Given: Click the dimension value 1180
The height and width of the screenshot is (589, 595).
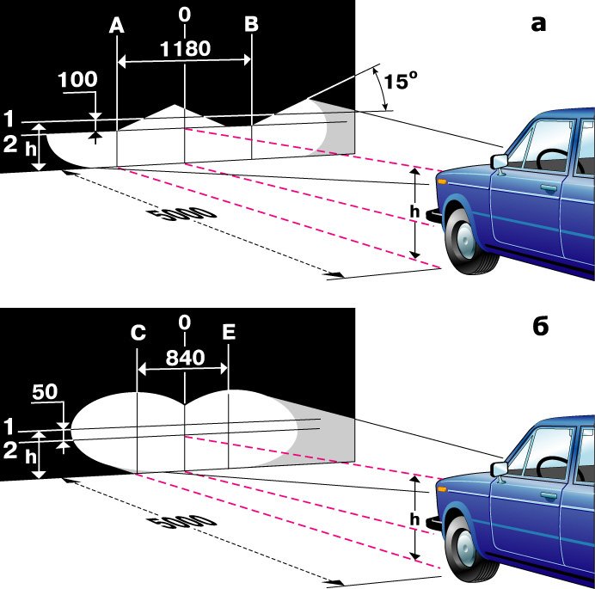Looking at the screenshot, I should click(x=185, y=48).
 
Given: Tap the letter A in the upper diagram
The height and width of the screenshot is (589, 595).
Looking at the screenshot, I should click(x=117, y=26).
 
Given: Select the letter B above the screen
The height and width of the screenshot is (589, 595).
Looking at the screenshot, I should click(x=250, y=25).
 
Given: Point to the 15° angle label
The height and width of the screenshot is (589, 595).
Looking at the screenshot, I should click(x=400, y=82).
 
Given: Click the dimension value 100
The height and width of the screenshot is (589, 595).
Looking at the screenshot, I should click(x=77, y=79).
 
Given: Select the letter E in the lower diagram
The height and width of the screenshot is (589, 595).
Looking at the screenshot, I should click(x=228, y=333).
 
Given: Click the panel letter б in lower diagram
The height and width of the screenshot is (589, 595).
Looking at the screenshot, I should click(x=538, y=327).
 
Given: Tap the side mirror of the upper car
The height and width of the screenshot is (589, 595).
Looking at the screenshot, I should click(x=497, y=161).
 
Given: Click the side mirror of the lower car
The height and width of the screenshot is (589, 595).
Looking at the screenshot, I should click(x=498, y=469).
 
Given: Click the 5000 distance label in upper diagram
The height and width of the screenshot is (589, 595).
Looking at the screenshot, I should click(x=181, y=222).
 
